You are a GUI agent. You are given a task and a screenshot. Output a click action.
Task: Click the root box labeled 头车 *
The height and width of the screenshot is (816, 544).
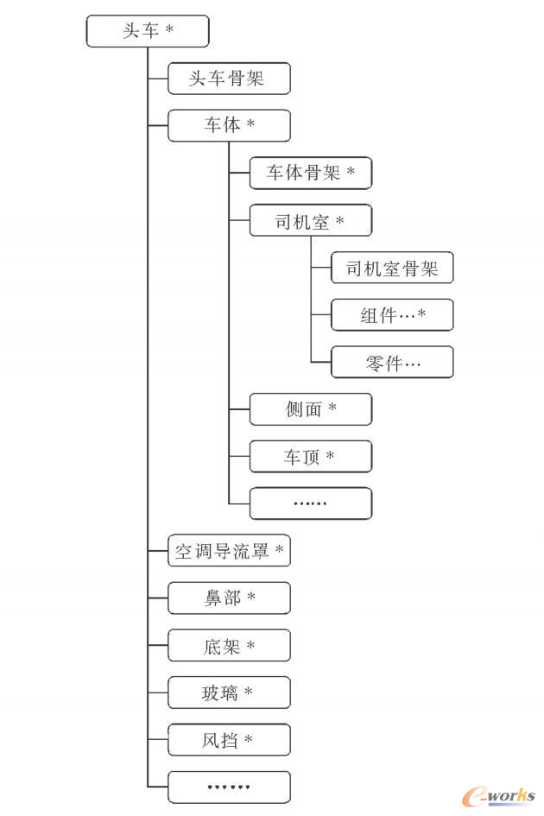point(148,31)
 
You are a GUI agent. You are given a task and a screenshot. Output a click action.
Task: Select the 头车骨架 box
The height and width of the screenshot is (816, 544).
point(229,79)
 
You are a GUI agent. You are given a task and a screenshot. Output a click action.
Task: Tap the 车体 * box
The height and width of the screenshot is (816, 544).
point(229,125)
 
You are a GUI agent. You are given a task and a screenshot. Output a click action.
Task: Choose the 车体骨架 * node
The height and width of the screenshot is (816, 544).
point(311,173)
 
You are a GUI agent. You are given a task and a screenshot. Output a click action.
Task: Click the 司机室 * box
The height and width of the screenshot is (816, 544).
point(311,221)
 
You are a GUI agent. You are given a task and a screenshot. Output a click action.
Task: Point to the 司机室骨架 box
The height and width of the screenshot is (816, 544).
point(392,268)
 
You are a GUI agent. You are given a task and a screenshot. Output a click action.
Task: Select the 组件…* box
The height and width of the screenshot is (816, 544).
point(392,315)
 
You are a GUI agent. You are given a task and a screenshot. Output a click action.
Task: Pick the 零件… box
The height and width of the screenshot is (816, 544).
point(392,362)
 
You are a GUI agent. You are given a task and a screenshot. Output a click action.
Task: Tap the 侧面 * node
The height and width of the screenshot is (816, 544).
point(311,409)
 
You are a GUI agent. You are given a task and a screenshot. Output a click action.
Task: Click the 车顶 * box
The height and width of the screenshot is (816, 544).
point(311,457)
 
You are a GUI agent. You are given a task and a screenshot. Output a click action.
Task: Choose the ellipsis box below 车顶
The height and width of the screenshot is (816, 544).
point(311,503)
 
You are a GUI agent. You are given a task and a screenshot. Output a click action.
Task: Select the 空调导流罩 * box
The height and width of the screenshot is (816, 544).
point(229,551)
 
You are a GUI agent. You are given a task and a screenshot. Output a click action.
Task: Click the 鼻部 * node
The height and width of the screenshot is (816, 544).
point(229,598)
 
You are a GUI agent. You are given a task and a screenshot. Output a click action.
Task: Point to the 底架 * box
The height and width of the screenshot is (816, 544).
point(229,645)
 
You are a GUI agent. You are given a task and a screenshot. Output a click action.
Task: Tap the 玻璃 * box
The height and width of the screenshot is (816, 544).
point(229,693)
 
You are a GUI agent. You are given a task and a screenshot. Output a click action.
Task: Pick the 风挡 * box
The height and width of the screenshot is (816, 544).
point(229,739)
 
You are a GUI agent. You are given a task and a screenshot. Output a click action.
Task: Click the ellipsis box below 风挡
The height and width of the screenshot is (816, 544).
point(229,788)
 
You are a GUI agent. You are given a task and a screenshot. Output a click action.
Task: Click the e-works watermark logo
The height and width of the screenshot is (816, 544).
point(499,795)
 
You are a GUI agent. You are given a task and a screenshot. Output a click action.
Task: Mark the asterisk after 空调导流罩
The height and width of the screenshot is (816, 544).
point(280,548)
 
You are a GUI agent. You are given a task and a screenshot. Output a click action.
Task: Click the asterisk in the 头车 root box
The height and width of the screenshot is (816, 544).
point(170,28)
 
